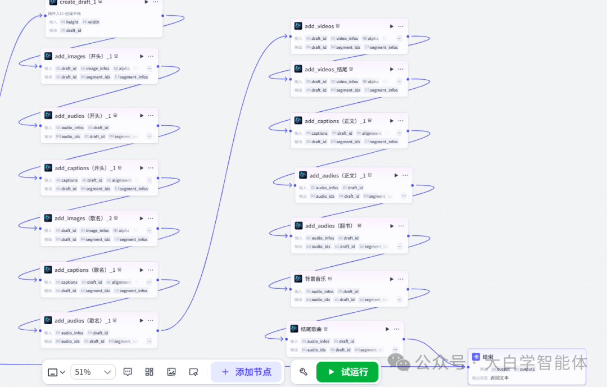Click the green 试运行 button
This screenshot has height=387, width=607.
pyautogui.click(x=348, y=372)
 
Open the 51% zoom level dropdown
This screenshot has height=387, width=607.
pyautogui.click(x=93, y=372)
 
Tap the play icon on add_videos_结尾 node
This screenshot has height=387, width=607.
pyautogui.click(x=392, y=69)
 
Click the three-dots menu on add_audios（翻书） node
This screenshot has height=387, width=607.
pyautogui.click(x=401, y=226)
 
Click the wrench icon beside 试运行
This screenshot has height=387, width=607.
pyautogui.click(x=303, y=372)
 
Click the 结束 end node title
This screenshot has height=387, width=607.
pyautogui.click(x=488, y=357)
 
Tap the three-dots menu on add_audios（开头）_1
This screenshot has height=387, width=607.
pyautogui.click(x=151, y=116)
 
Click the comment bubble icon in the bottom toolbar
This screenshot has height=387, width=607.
pyautogui.click(x=128, y=372)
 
